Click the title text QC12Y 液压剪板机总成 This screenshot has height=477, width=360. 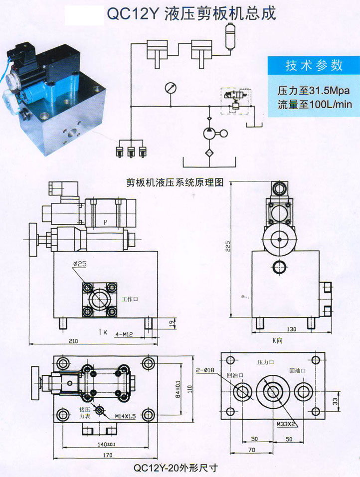[x=191, y=14]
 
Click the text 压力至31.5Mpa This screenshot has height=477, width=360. [x=312, y=91]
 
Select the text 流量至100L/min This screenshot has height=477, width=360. [x=315, y=104]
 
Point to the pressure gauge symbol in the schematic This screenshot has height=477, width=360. [x=170, y=88]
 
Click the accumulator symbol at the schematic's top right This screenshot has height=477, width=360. [x=230, y=39]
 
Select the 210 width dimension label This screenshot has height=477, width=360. [x=73, y=341]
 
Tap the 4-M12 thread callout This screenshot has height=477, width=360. [x=123, y=333]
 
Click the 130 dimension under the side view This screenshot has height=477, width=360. [x=291, y=329]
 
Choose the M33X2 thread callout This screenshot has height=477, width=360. [x=286, y=424]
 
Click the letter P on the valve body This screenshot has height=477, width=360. [x=105, y=221]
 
